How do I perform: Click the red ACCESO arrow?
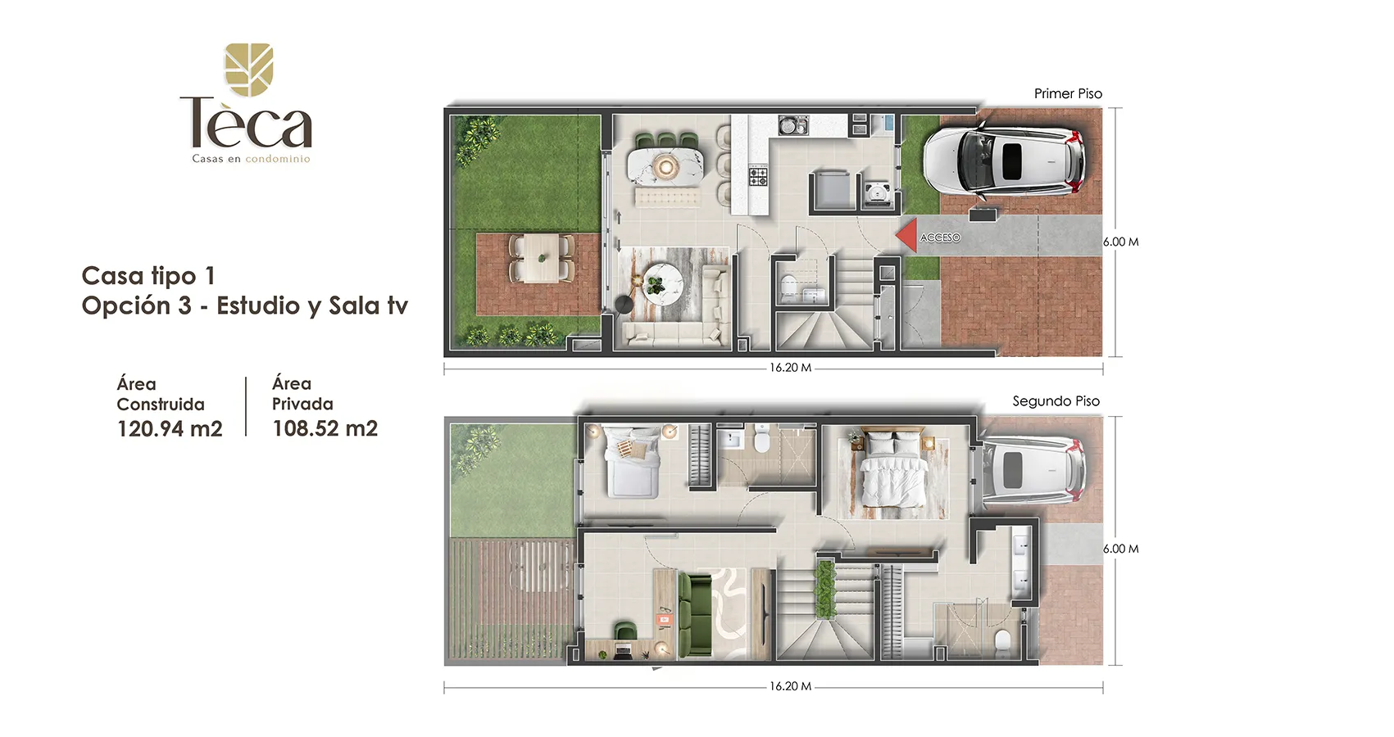coord(907,235)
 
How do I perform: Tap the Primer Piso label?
coord(1068,94)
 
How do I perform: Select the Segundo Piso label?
coord(1056,401)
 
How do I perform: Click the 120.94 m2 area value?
coord(170,429)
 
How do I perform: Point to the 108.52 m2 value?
coord(325,428)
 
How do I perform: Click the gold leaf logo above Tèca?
coord(249,69)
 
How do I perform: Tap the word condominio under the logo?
coord(278,159)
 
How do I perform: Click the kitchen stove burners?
coord(757,176)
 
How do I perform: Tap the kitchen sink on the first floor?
coord(792,125)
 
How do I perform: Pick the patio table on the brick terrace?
coord(541,258)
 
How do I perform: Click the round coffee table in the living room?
coord(661,285)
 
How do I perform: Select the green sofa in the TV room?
coord(694,614)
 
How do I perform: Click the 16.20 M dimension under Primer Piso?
coord(790,368)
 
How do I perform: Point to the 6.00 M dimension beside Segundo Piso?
coord(1121,549)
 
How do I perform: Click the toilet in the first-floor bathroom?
coord(788,287)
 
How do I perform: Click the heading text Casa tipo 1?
coord(148,275)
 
